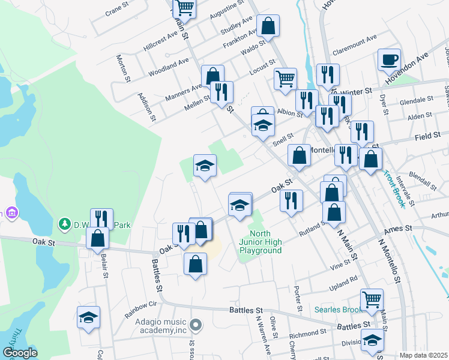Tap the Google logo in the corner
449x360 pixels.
point(20,353)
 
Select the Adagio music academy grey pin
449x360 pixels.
point(195,326)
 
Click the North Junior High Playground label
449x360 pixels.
point(261,242)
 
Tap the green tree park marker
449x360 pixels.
point(64,224)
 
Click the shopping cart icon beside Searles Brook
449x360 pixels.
point(372,299)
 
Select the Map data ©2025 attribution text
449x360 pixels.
point(423,355)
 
